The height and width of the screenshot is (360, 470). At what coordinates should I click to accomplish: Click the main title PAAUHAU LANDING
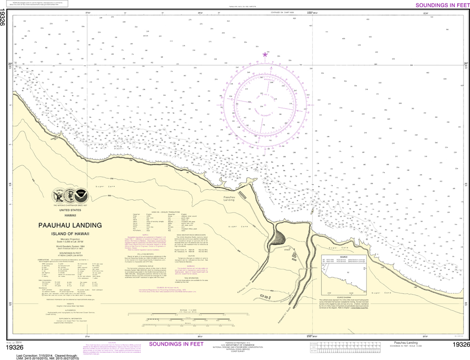click(x=71, y=225)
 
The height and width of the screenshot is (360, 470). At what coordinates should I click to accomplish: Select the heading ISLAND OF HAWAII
click(x=71, y=234)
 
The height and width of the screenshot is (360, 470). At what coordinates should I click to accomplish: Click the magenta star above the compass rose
click(x=265, y=55)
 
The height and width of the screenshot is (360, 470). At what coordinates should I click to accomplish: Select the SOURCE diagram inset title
click(x=343, y=258)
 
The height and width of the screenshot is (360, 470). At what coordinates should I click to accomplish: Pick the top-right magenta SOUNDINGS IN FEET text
click(x=442, y=5)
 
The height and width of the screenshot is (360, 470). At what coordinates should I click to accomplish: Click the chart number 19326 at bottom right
click(x=460, y=345)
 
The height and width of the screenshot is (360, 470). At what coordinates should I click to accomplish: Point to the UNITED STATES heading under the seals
click(x=71, y=209)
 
